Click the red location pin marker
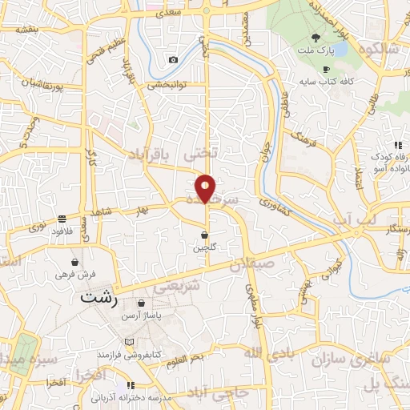tap(206, 188)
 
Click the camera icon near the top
tap(173, 60)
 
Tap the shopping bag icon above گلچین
tap(205, 235)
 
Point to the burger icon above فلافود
tap(62, 219)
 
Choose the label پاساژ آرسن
tap(141, 317)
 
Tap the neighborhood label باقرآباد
tap(152, 156)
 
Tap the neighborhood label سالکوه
tap(380, 48)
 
